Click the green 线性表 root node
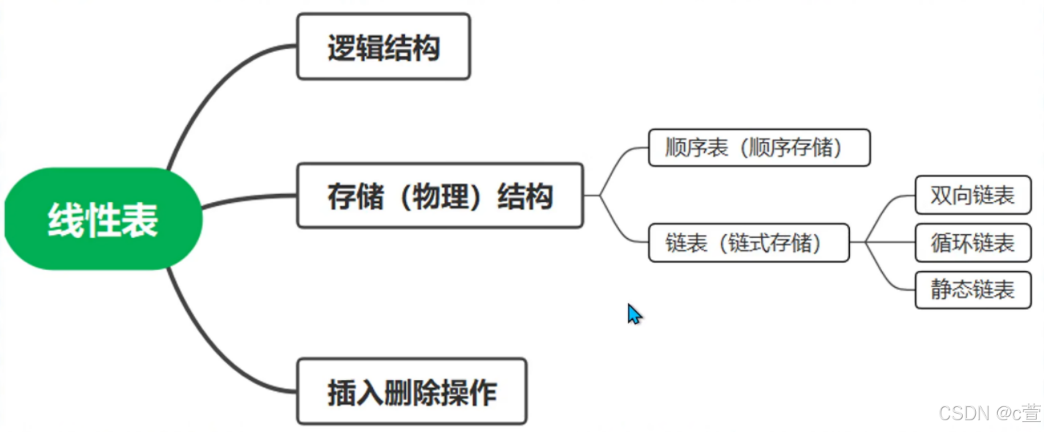click(x=103, y=219)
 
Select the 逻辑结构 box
click(x=383, y=47)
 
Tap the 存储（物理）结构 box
click(x=440, y=196)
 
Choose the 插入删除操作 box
click(x=411, y=392)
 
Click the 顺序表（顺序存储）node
click(x=759, y=148)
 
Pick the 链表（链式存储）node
click(x=748, y=243)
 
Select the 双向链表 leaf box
click(x=972, y=195)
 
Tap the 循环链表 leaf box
click(x=972, y=243)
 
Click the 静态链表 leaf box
click(x=972, y=290)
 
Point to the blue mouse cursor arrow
click(x=634, y=313)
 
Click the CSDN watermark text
click(x=989, y=412)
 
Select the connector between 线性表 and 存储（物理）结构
click(x=249, y=198)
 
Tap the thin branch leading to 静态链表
click(x=890, y=275)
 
